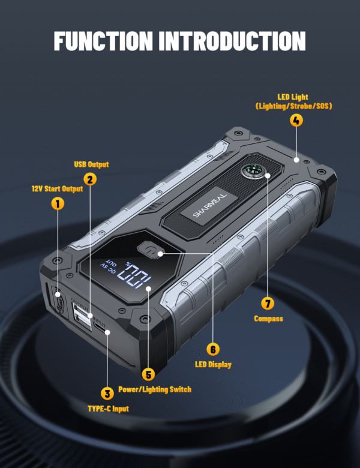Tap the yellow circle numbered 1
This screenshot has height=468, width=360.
[58, 203]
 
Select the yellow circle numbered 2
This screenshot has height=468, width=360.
[89, 178]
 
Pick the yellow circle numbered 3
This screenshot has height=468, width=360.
[107, 394]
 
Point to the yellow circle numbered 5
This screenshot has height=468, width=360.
[148, 374]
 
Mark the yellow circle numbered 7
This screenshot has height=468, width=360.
[268, 303]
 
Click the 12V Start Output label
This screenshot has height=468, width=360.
[57, 188]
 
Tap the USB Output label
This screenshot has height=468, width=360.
[90, 164]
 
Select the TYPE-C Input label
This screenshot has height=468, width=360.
[108, 409]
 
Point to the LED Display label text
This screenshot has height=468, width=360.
[213, 364]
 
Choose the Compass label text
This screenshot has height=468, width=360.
[268, 319]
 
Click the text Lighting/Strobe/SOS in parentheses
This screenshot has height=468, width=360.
[294, 106]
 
